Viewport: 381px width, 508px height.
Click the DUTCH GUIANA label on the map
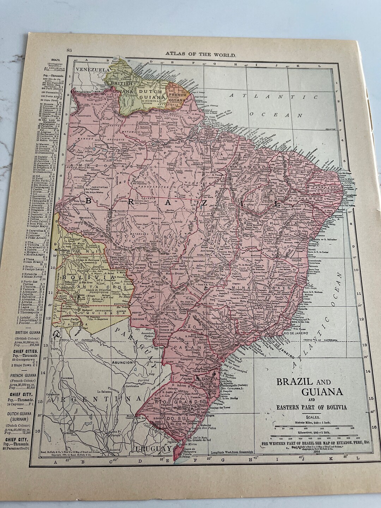click(151, 93)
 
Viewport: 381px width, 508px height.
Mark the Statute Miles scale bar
click(313, 427)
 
